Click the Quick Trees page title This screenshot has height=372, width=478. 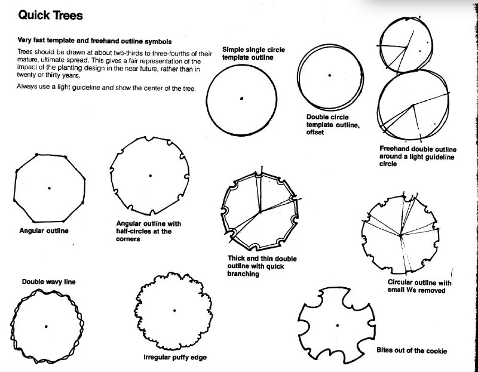[50, 16]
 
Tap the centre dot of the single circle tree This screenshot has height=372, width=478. [241, 99]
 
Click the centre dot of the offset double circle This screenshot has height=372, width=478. [330, 75]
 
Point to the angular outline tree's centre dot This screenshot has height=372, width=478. [50, 188]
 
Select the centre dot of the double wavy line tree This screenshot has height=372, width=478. [46, 326]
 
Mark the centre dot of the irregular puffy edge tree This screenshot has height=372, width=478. [174, 310]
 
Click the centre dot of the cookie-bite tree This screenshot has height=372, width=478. [337, 325]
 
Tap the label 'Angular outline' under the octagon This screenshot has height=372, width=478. [44, 230]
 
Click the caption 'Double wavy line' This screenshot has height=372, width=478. [49, 282]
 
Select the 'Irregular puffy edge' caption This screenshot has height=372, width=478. [175, 357]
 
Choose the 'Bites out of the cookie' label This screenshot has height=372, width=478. [412, 351]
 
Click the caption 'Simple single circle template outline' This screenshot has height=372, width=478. [253, 54]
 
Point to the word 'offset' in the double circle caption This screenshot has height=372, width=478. [315, 132]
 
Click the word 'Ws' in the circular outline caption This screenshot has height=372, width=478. [411, 290]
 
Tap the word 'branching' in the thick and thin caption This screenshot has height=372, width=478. [243, 273]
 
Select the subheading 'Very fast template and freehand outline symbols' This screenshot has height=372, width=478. [94, 41]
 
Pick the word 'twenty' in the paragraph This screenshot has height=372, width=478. [26, 75]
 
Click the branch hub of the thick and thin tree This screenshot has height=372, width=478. [260, 211]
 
